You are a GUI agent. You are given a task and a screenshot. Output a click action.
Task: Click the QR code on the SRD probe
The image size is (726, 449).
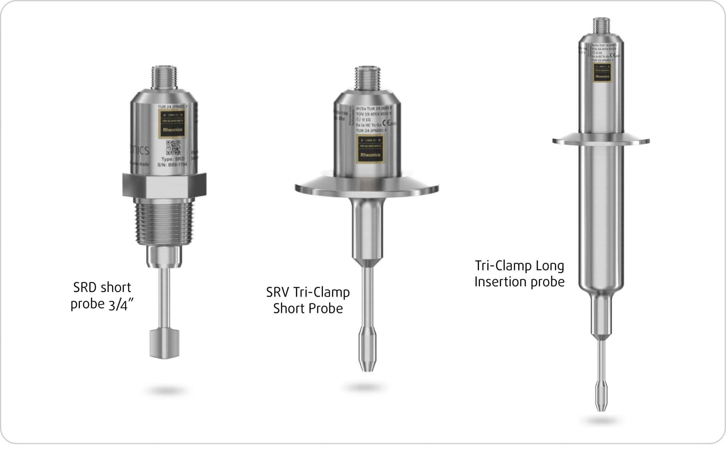[x=173, y=147]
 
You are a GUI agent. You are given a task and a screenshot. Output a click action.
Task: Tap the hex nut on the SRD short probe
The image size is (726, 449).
[x=164, y=185]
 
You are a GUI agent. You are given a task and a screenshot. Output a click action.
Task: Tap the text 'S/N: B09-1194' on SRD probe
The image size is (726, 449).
[x=172, y=165]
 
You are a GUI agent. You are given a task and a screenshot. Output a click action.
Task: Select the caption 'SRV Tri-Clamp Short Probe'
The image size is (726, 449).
[x=308, y=301]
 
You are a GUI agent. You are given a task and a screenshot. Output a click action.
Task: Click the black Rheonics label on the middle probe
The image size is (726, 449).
[x=370, y=149]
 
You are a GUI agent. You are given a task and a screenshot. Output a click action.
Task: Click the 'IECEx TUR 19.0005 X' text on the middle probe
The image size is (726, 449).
[x=373, y=108]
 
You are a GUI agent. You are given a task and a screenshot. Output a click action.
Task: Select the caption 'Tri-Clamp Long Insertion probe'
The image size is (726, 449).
[x=519, y=274]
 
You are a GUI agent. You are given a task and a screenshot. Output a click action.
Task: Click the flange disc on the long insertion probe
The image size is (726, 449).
[x=601, y=141]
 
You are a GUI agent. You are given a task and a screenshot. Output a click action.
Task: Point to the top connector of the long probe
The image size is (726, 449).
[x=602, y=26]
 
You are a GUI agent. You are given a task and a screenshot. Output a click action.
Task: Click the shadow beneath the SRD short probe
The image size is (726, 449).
[x=167, y=391]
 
